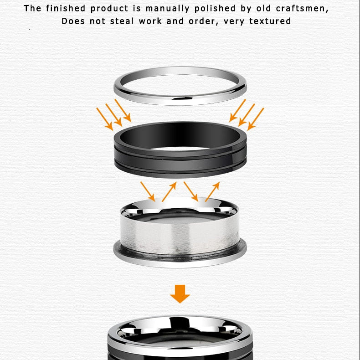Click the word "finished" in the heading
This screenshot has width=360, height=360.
[66, 9]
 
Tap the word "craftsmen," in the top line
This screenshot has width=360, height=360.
[302, 9]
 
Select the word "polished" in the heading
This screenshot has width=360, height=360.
[215, 9]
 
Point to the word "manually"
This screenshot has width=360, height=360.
[168, 9]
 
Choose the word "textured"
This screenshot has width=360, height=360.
[270, 21]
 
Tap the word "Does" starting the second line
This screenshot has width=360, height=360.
[73, 21]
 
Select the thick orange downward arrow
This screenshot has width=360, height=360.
[180, 294]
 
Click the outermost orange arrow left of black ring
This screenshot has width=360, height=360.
[105, 119]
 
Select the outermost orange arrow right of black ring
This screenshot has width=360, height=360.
[256, 119]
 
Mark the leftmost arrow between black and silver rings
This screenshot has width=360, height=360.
[148, 191]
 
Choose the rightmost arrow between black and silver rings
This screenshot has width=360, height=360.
[212, 192]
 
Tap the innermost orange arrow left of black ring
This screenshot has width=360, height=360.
[123, 110]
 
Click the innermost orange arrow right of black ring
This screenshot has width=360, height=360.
[237, 110]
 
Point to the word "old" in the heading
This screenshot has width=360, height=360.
[263, 9]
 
